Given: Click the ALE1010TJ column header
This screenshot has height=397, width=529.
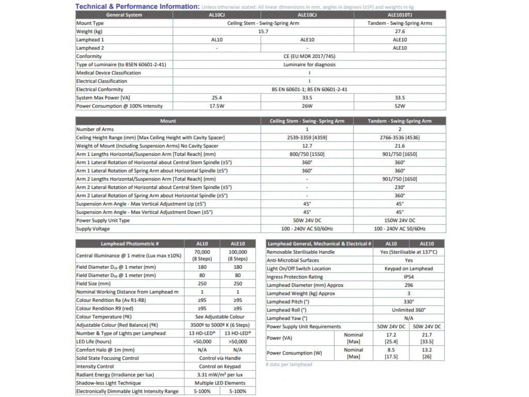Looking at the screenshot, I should click(x=400, y=15).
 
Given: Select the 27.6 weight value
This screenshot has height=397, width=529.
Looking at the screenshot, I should click(x=400, y=31).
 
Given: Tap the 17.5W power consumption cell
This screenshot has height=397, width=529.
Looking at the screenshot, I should click(x=217, y=106).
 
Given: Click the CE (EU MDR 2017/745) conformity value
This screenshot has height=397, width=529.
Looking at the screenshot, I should click(x=309, y=56).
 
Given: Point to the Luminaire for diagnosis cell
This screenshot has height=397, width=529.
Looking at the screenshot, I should click(x=309, y=64).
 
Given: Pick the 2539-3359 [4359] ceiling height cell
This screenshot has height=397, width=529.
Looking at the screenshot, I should click(x=307, y=138).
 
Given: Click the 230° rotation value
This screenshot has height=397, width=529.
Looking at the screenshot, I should click(x=400, y=187).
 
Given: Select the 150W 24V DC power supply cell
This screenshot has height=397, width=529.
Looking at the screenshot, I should click(x=400, y=220).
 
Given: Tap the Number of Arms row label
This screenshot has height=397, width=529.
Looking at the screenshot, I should click(x=95, y=129).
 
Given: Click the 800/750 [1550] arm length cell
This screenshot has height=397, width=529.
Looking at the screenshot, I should click(x=307, y=154).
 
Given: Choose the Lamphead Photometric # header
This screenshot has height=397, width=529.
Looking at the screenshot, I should click(x=130, y=243).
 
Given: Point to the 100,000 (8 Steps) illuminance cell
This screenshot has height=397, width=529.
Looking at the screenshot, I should click(x=238, y=255).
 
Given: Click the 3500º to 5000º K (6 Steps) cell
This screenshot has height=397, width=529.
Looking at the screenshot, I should click(x=220, y=325).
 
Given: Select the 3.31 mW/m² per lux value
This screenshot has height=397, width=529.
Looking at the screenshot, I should click(x=220, y=375).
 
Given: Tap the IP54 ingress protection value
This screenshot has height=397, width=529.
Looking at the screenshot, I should click(x=409, y=277).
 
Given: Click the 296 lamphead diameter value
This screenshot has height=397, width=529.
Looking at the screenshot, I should click(x=409, y=285).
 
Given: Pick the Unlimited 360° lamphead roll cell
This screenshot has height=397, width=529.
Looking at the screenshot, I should click(x=409, y=310).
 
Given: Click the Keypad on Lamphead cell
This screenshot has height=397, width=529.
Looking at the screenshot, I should click(x=409, y=269).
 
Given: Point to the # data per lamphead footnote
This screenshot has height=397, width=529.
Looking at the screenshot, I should click(x=289, y=364).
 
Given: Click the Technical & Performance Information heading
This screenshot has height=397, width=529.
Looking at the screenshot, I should click(x=137, y=6).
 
